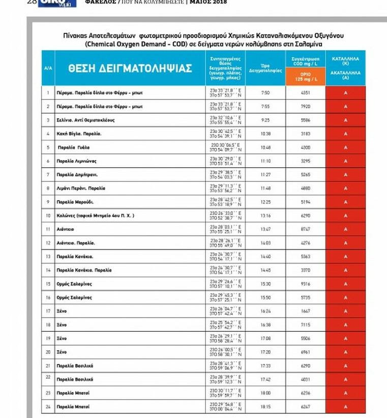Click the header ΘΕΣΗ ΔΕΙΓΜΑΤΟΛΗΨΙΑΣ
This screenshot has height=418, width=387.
click(130, 68)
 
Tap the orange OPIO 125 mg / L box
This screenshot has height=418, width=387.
click(305, 77)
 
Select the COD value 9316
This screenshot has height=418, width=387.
click(305, 284)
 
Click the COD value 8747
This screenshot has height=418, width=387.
click(305, 229)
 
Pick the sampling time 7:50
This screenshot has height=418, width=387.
click(265, 93)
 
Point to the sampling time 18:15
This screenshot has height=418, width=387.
click(265, 407)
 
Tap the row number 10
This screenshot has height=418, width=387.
click(48, 216)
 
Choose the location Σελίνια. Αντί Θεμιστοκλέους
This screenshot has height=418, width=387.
click(85, 120)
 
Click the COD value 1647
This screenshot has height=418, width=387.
click(305, 311)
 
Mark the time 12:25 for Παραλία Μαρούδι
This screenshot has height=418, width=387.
click(265, 202)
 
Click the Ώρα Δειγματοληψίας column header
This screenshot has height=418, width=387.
click(265, 68)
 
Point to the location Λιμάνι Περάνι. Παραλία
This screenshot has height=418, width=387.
click(81, 188)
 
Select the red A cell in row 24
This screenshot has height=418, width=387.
click(345, 407)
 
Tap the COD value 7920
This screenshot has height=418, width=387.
click(305, 107)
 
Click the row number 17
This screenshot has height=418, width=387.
click(48, 311)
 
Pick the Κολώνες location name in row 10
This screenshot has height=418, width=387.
click(95, 216)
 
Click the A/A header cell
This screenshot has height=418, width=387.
click(48, 68)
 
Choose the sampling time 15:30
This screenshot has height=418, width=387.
click(265, 284)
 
